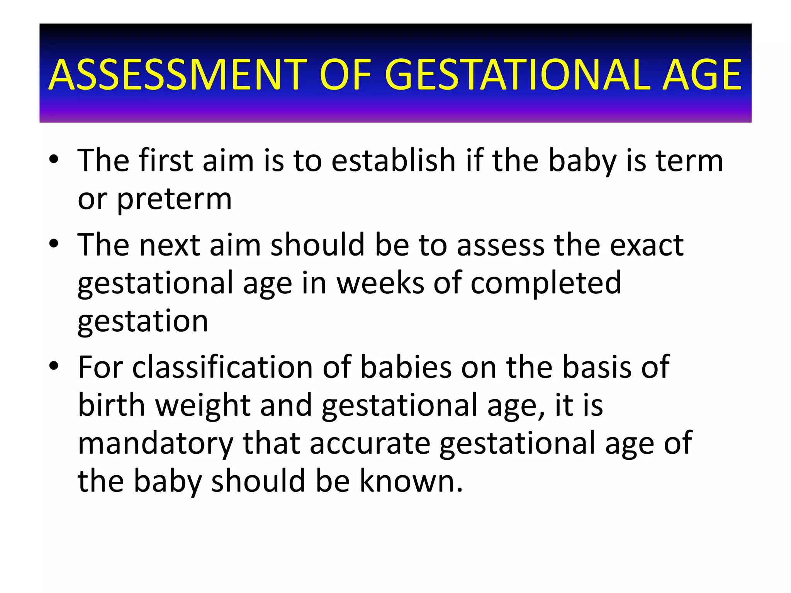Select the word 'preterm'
[x=174, y=200]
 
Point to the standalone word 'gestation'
[x=143, y=321]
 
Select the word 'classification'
[x=222, y=367]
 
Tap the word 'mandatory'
[x=155, y=443]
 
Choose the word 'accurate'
[x=370, y=443]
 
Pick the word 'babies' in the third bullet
[x=406, y=367]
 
